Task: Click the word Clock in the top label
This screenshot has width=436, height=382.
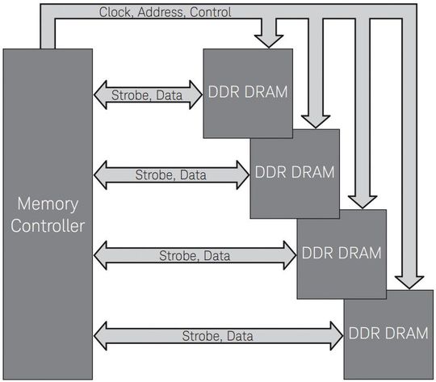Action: tap(115, 12)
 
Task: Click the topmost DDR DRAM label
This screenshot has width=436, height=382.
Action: tap(247, 91)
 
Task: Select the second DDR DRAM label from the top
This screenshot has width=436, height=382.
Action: tap(294, 171)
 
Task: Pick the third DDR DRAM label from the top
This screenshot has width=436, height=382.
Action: tap(341, 252)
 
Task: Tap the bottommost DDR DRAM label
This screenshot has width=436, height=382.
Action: tap(388, 332)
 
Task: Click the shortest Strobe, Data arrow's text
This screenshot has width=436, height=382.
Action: tap(148, 95)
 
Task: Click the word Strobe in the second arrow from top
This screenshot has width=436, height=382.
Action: tap(153, 174)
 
